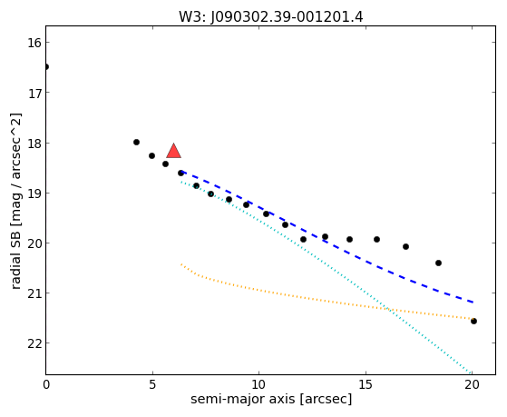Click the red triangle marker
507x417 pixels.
coord(173,151)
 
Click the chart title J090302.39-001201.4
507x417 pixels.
coord(287,17)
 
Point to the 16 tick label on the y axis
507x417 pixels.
coord(34,43)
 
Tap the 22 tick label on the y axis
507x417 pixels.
coord(34,343)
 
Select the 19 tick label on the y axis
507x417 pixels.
coord(34,194)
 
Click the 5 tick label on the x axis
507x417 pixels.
coord(152,384)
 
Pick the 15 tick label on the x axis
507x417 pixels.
coord(366,384)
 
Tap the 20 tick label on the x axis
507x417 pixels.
coord(472,384)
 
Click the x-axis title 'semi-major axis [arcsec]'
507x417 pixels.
coord(271,399)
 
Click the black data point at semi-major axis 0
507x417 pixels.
coord(46,66)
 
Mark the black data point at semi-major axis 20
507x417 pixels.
coord(473,321)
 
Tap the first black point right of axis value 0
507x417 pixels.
coord(136,142)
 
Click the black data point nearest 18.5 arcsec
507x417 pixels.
coord(438,263)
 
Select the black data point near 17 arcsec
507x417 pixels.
coord(405,246)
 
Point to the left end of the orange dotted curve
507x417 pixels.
coord(181,264)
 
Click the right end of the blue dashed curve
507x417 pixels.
coord(473,303)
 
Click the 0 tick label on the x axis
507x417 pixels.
coord(46,384)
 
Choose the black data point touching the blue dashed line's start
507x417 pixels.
coord(180,173)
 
